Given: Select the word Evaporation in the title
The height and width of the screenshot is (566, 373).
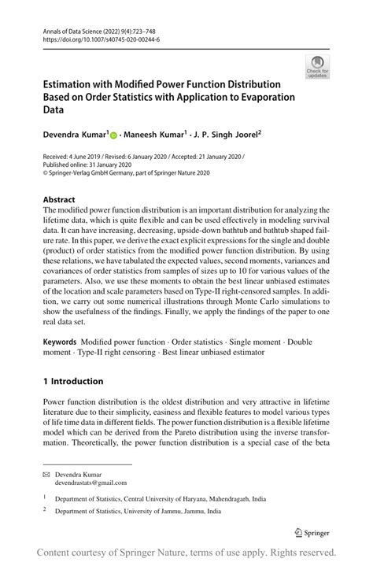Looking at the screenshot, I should (x=258, y=98).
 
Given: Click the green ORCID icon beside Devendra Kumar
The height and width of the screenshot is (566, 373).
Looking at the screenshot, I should (x=113, y=136).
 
